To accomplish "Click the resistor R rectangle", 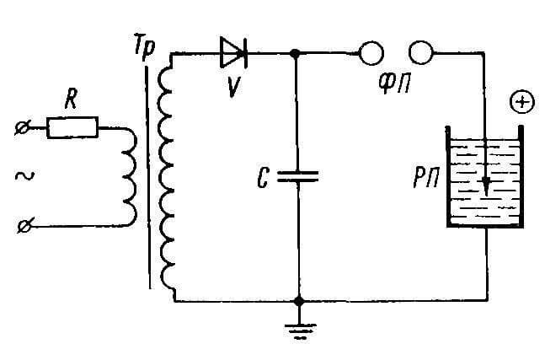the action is [72, 127].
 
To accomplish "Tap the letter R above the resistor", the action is [72, 99].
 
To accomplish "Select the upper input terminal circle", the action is [23, 128].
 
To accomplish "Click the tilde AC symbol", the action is [24, 176].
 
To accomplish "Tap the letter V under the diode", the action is [232, 87].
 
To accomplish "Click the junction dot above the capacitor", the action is [295, 54].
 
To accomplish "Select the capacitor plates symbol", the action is [298, 176].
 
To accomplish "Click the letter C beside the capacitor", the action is [263, 179].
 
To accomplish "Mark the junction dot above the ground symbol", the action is [298, 301].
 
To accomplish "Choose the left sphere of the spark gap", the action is [371, 53].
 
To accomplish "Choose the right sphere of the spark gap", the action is [421, 52].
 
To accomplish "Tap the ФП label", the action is [394, 83].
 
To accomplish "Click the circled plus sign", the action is [522, 102].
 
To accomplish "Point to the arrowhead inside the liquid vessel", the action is [486, 187].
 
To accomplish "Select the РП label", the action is [426, 178].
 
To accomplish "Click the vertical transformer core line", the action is [148, 177].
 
